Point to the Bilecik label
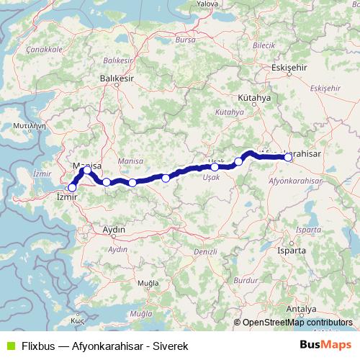point(264,45)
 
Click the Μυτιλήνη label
point(29,124)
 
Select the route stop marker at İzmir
point(72,188)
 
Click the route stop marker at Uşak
point(215,167)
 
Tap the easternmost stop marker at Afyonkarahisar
point(288,156)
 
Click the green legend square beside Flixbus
point(9,346)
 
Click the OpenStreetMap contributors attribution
point(297,323)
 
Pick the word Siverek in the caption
point(171,346)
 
